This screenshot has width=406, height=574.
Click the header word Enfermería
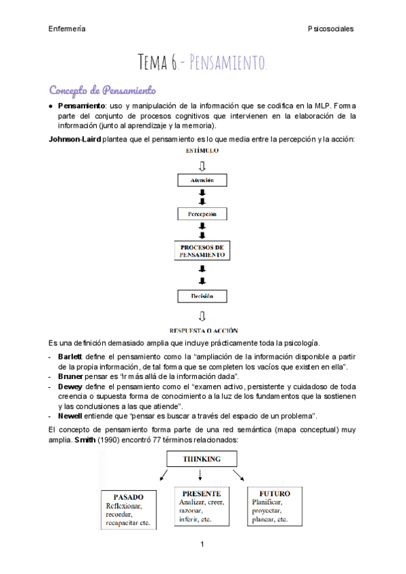67,28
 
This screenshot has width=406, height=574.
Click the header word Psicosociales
330,28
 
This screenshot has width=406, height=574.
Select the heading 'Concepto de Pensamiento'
102,90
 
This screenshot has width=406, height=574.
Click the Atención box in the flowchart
202,181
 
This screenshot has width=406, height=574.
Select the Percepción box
202,214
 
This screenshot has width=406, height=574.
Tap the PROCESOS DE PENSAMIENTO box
202,252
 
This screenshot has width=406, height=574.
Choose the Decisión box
202,296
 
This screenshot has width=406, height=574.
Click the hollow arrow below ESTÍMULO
202,165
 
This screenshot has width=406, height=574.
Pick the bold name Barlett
70,356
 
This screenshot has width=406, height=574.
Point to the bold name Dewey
70,386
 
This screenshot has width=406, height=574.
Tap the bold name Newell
71,415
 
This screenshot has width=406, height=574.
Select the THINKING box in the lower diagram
202,459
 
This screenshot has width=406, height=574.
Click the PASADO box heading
129,496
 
